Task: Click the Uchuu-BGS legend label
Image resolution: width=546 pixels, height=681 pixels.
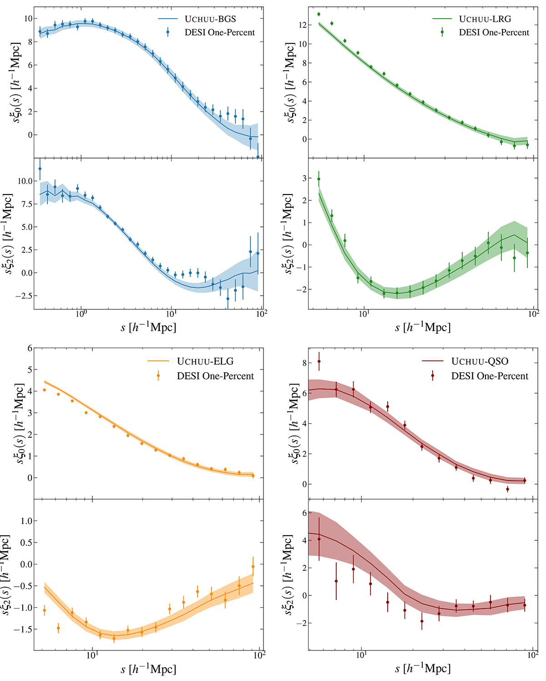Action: coord(210,19)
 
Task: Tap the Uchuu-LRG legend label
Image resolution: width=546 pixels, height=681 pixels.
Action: coord(485,19)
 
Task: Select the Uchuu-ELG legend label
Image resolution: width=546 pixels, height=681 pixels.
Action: coord(205,362)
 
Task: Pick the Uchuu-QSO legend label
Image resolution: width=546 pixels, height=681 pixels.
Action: coord(480,362)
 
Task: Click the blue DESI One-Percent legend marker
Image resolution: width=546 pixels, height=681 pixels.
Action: coord(168,32)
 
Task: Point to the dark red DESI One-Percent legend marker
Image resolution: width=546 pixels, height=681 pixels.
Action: coord(432,376)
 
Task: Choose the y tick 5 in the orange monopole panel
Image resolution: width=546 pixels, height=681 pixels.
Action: coord(30,370)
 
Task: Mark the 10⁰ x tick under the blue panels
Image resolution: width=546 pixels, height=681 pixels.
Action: coord(81,314)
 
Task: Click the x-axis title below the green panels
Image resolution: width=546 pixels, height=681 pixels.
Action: coord(423,327)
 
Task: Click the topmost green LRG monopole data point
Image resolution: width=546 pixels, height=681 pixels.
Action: coord(318,14)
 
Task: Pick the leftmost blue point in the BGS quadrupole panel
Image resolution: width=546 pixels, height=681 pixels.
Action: coord(40,169)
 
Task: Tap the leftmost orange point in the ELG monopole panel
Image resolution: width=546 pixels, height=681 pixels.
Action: coord(44,390)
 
